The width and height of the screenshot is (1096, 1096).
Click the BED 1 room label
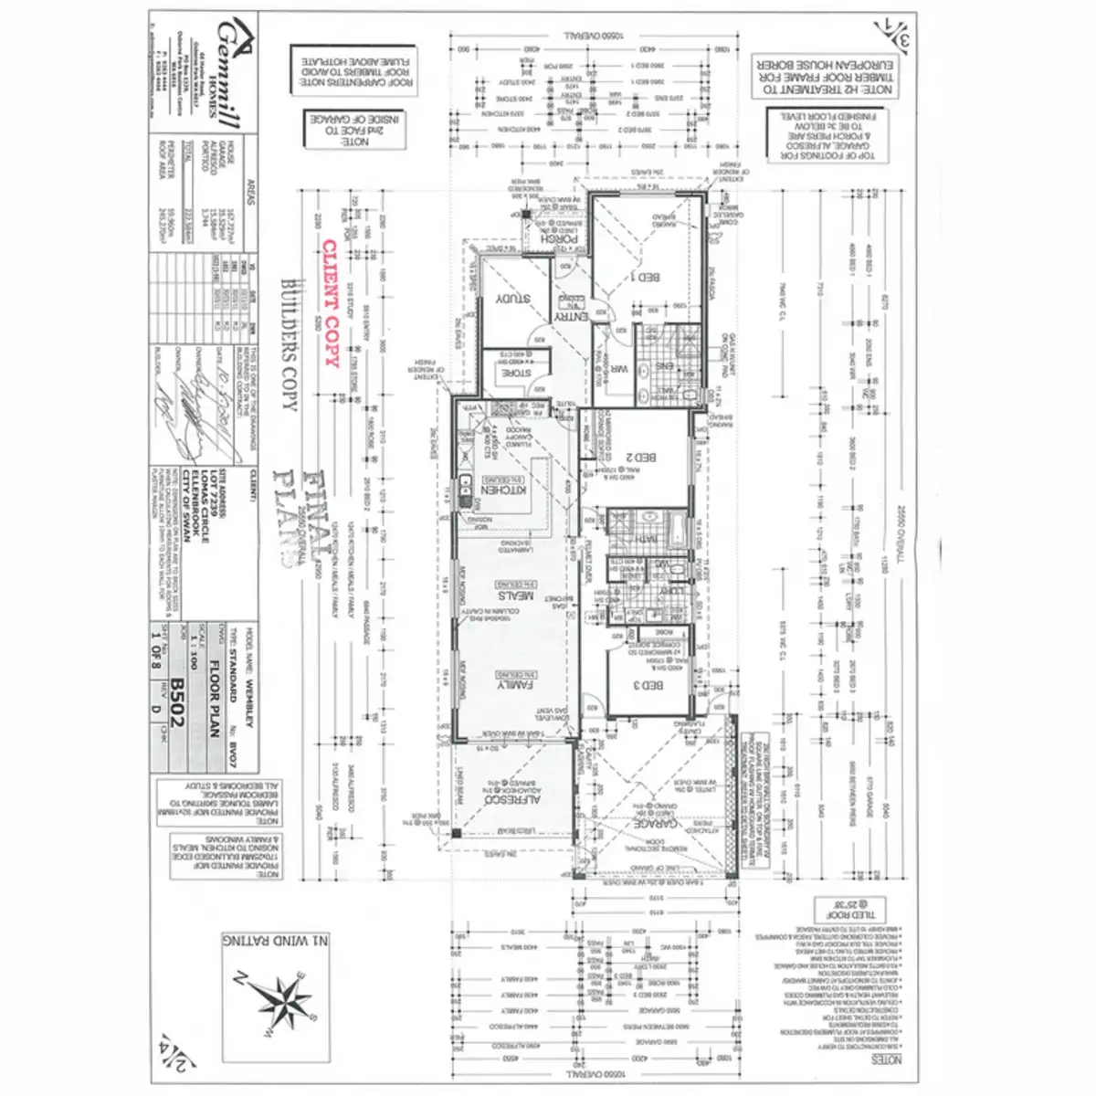647,277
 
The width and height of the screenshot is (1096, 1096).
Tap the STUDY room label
511,299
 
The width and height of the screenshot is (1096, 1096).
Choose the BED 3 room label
648,685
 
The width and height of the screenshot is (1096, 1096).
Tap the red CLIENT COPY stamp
331,302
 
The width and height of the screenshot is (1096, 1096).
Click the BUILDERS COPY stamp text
290,343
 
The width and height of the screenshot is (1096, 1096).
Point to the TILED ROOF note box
838,909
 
